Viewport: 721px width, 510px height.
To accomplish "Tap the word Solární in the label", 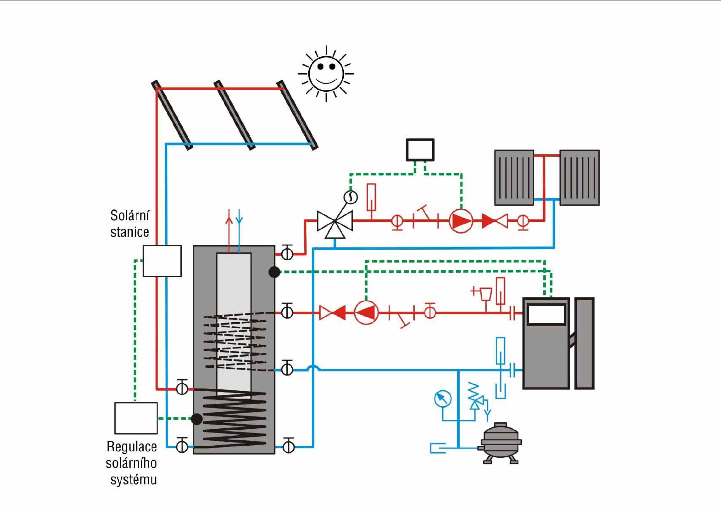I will coord(130,216).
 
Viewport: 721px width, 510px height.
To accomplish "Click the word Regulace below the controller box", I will coord(131,446).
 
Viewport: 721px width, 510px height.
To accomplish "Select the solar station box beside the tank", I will coord(162,261).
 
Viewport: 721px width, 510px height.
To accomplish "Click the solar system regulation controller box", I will coord(136,418).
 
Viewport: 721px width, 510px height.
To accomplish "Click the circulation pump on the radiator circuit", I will coord(461,221).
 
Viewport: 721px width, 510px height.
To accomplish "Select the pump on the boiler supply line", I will coord(366,312).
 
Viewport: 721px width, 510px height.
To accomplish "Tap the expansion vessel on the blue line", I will coord(500,442).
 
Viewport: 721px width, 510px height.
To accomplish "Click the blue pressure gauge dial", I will coord(443,399).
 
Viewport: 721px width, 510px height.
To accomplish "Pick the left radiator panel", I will coord(514,178).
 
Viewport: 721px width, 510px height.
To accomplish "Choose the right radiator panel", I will coord(579,178).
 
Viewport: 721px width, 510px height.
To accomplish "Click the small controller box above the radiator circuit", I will coord(420,150).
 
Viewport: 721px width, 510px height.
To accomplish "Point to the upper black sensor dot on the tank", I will coord(275,272).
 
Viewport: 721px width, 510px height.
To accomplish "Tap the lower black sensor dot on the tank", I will coord(197,419).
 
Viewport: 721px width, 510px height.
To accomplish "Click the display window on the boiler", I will coord(546,314).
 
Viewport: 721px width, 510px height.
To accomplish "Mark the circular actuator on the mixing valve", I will coord(350,197).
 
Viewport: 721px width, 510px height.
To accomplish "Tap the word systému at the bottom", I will coord(133,480).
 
